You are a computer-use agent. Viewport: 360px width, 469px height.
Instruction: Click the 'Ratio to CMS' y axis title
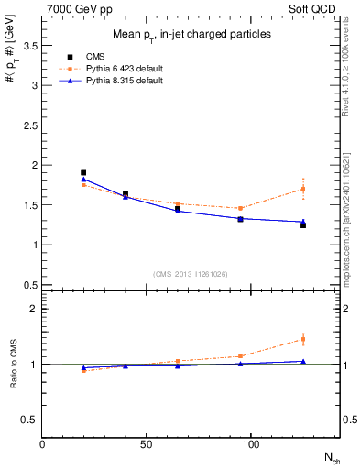(13, 365)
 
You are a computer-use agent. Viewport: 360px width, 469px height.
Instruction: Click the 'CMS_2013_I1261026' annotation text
(191, 273)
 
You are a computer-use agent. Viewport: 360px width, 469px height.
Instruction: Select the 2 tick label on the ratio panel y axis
(33, 309)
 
